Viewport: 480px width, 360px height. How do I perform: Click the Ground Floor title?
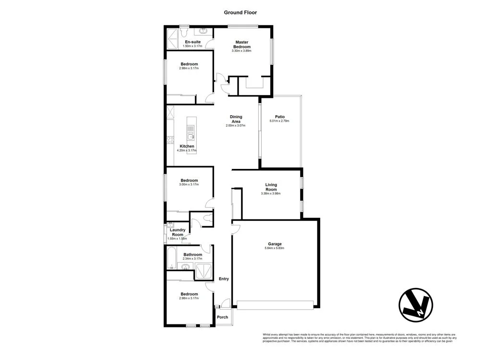click(240, 12)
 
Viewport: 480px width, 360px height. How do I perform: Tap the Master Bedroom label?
click(241, 44)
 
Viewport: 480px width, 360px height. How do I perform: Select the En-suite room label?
click(192, 42)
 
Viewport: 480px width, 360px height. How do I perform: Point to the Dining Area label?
click(236, 119)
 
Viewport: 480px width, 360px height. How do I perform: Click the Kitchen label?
click(187, 146)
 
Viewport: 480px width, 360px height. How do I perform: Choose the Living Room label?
click(272, 187)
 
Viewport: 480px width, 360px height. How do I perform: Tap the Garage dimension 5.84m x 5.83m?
click(275, 248)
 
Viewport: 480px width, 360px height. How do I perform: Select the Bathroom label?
click(192, 254)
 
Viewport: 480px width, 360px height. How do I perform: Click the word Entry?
click(224, 279)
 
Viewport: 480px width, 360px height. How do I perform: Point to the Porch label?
click(222, 317)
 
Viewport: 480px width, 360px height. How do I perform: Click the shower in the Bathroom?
click(204, 271)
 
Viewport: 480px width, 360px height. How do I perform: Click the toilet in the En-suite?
click(184, 33)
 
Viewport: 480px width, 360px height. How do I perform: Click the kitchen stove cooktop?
click(170, 140)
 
